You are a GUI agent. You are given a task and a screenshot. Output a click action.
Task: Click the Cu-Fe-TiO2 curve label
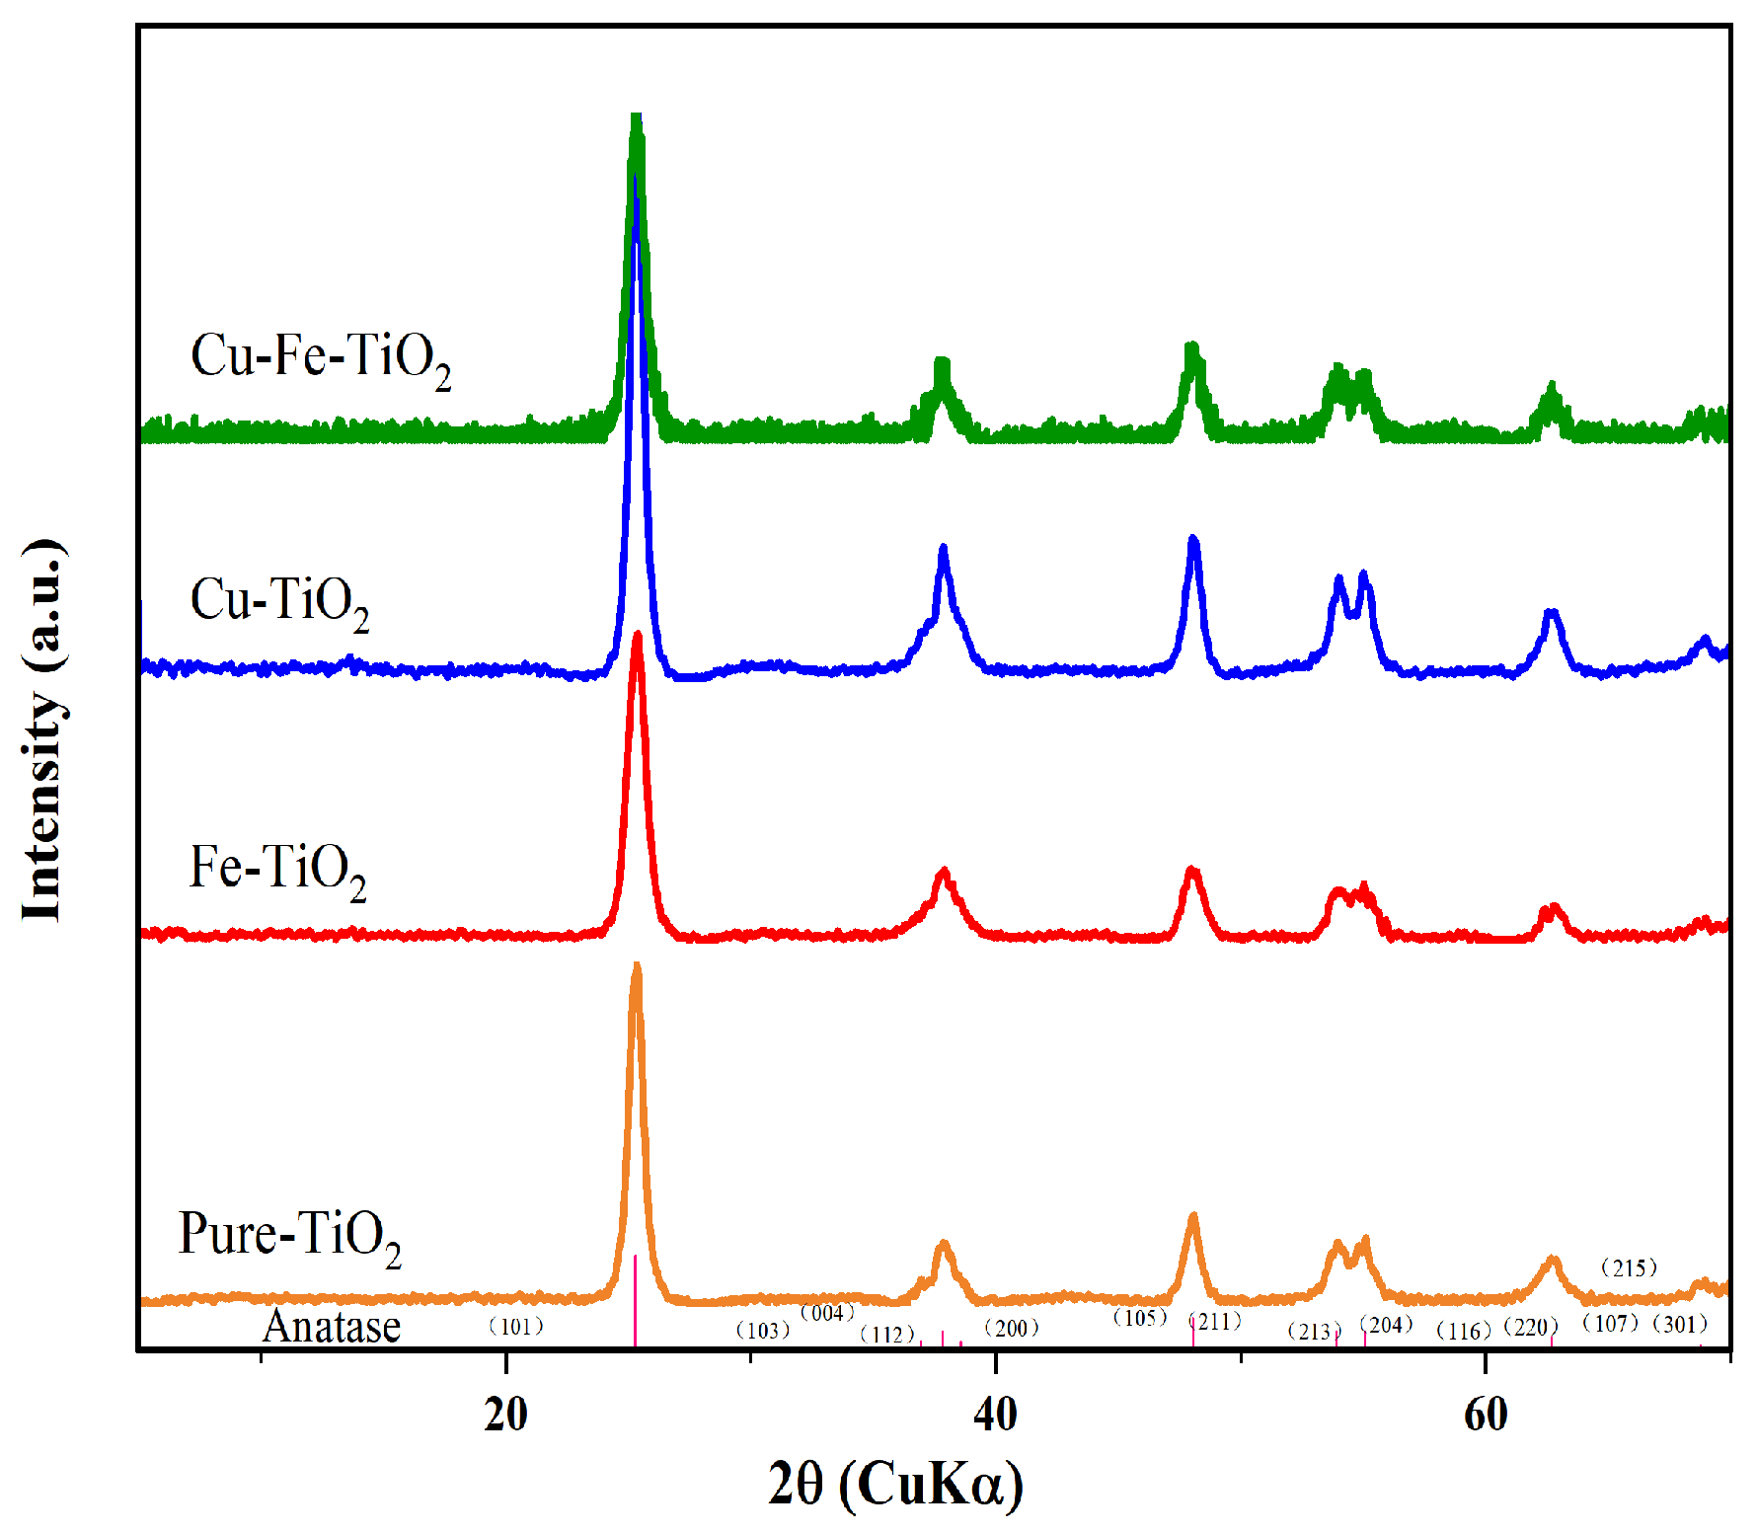[x=321, y=358]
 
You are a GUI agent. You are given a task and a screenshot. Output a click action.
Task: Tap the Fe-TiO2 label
[x=277, y=870]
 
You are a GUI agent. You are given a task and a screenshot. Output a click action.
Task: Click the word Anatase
[x=332, y=1327]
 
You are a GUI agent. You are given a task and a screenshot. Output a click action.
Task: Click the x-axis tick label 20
[x=505, y=1415]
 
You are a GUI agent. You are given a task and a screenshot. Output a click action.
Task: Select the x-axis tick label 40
[x=995, y=1415]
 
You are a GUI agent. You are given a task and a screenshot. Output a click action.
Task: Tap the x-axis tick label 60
[x=1485, y=1415]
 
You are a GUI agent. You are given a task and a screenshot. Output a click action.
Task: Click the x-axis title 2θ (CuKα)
[x=895, y=1483]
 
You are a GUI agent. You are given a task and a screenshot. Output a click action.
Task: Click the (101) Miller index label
[x=516, y=1327]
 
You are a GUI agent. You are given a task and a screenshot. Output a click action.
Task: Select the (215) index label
[x=1629, y=1267]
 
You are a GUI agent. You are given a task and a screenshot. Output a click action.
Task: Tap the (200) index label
[x=1012, y=1329]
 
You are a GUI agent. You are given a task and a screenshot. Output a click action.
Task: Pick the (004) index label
[x=827, y=1313]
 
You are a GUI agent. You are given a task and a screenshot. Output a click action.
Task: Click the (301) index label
[x=1680, y=1325]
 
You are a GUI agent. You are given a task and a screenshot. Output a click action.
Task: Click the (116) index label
[x=1464, y=1332]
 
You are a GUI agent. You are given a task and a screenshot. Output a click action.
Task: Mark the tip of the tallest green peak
[x=637, y=117]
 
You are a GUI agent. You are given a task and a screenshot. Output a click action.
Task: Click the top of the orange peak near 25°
[x=637, y=966]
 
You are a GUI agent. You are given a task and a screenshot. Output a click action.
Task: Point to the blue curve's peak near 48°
[x=1193, y=539]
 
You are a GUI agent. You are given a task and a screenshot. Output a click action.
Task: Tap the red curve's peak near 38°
[x=944, y=872]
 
